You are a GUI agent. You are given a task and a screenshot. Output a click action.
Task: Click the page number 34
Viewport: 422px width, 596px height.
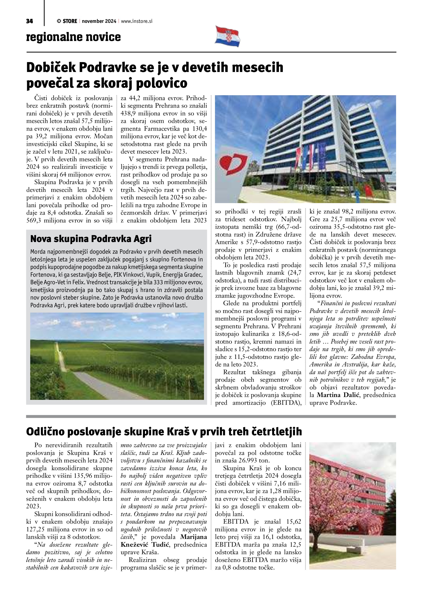(x=29, y=21)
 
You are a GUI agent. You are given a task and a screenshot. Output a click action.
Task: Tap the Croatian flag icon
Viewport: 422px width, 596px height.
(x=228, y=36)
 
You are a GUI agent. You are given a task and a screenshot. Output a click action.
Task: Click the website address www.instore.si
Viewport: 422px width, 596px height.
(x=136, y=21)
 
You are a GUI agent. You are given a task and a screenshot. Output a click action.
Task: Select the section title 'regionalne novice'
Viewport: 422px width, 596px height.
(x=73, y=37)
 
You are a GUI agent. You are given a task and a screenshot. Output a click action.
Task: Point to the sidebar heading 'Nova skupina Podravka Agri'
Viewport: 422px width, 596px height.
(x=91, y=239)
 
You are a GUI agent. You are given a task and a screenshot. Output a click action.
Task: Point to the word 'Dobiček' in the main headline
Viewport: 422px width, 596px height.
(x=51, y=67)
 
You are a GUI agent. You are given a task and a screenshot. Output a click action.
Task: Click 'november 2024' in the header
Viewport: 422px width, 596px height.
(x=99, y=21)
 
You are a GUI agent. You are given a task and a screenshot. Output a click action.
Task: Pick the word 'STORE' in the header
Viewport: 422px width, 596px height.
(x=70, y=21)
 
